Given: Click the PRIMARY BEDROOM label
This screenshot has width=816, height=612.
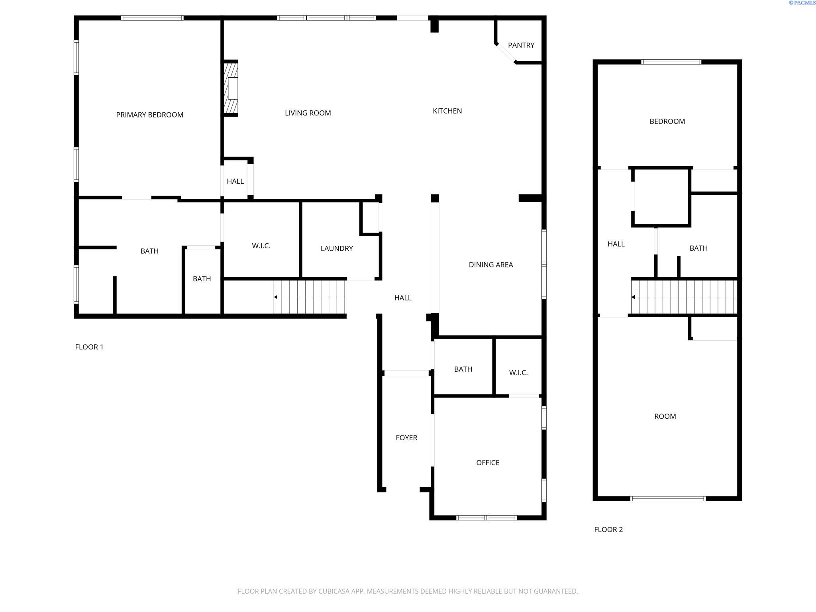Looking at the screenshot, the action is (150, 115).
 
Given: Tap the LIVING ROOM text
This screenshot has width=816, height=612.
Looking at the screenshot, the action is (308, 113).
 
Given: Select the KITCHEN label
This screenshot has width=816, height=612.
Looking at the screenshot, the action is (447, 111).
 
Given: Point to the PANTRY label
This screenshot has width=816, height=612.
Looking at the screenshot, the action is (521, 45).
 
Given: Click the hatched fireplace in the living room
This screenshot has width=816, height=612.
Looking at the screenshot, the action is (230, 88).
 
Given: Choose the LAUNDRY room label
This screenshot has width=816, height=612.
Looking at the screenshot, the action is (337, 249).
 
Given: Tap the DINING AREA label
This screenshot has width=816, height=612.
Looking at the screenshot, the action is (491, 265).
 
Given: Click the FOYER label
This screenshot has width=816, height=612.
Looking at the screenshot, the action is (406, 438).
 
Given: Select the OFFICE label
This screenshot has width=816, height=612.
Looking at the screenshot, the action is (488, 463).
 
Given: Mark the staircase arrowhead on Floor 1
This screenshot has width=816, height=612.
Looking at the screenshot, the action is (276, 297).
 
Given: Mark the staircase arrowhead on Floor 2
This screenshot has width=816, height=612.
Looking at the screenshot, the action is (633, 297).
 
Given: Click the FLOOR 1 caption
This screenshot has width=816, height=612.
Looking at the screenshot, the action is (89, 347).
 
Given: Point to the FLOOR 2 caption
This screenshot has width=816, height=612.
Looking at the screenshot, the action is (608, 530).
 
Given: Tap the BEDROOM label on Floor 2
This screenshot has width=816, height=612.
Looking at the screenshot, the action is (667, 122).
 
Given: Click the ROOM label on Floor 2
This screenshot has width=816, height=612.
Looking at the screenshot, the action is (665, 416).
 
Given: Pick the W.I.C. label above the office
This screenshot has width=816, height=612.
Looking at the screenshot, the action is (518, 373).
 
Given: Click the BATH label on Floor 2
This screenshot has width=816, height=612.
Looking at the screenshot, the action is (698, 248).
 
